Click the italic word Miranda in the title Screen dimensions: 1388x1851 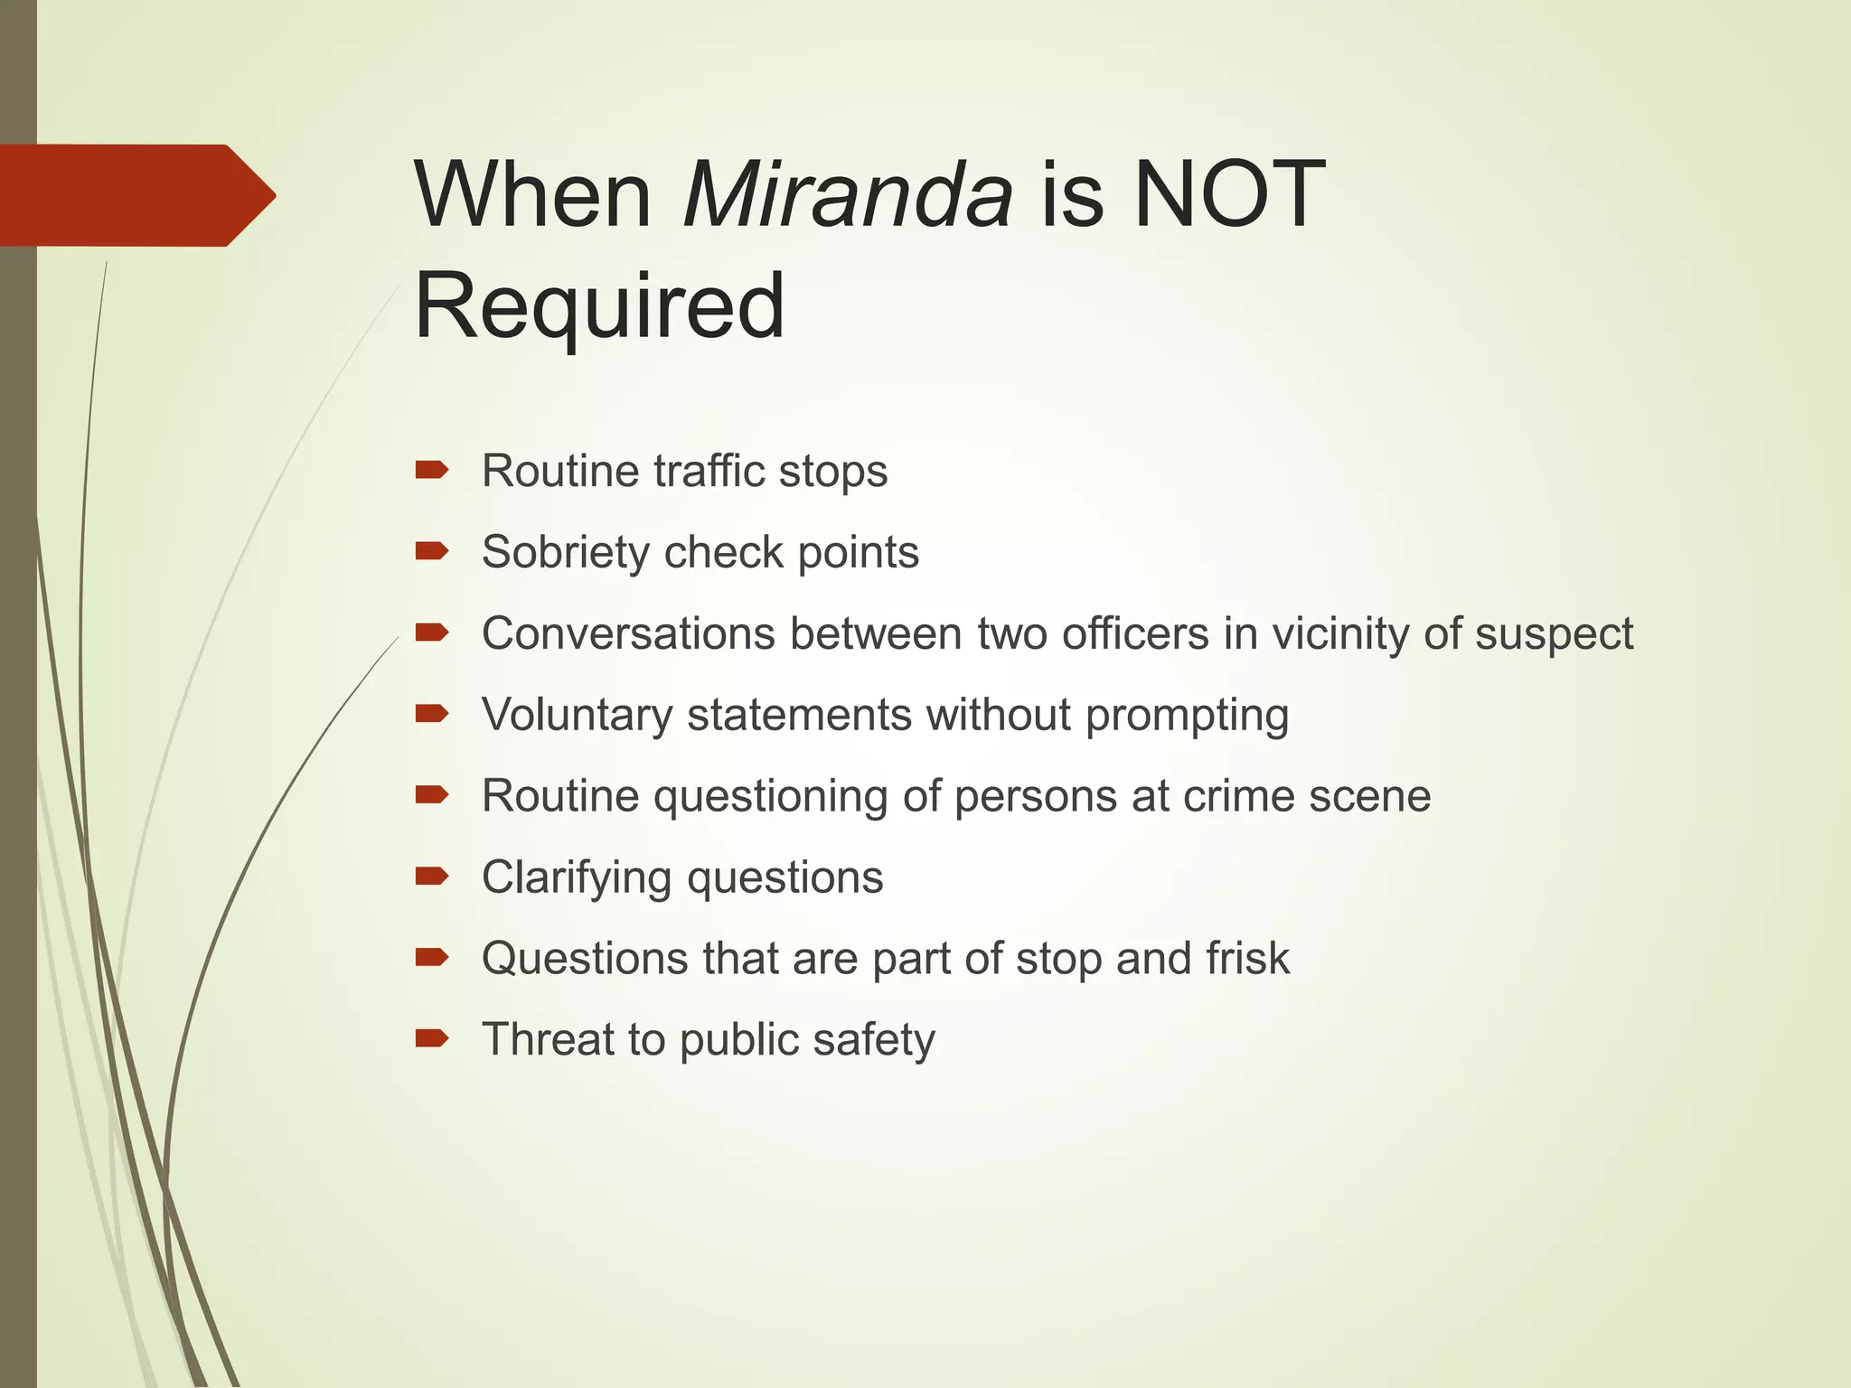click(848, 195)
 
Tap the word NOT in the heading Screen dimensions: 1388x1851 click(1229, 195)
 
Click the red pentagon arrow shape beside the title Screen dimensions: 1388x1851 click(136, 195)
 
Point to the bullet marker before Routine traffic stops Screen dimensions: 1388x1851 click(431, 470)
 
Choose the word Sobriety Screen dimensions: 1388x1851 click(565, 552)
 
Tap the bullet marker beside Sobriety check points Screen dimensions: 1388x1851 click(431, 551)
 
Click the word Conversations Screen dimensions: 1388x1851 click(628, 633)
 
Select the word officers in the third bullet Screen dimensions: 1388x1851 click(1135, 633)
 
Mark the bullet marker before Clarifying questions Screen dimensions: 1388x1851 click(431, 876)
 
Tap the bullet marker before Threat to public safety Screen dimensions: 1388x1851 click(431, 1038)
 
